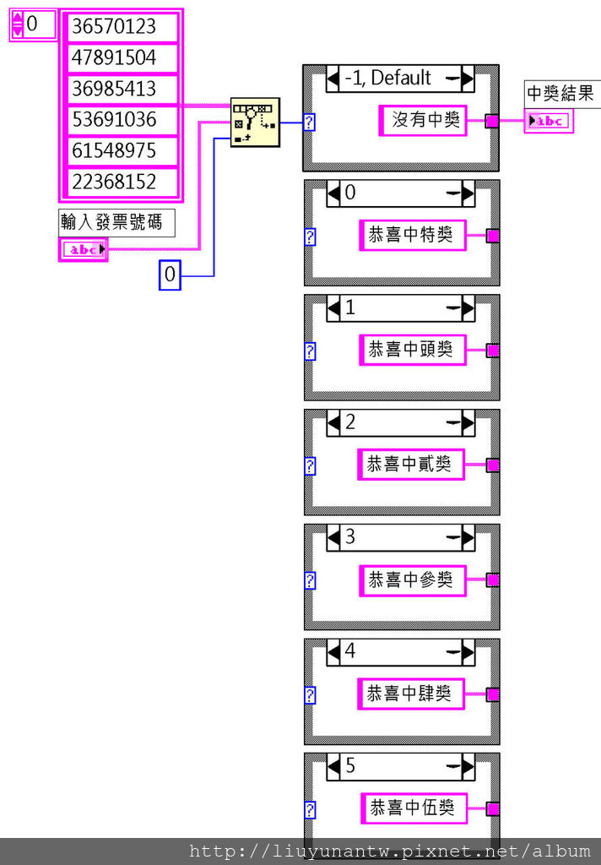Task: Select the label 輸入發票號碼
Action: click(117, 222)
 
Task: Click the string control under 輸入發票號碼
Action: click(84, 249)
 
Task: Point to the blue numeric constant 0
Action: click(171, 275)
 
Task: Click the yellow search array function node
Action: click(255, 122)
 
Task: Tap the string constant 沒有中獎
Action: click(423, 121)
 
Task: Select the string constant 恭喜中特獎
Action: click(411, 236)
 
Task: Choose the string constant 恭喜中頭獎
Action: click(411, 350)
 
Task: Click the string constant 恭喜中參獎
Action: click(411, 579)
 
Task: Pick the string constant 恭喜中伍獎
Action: click(413, 808)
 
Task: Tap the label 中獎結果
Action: click(560, 94)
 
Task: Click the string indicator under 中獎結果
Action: click(549, 122)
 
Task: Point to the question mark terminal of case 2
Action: click(311, 465)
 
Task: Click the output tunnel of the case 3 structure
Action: click(493, 580)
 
